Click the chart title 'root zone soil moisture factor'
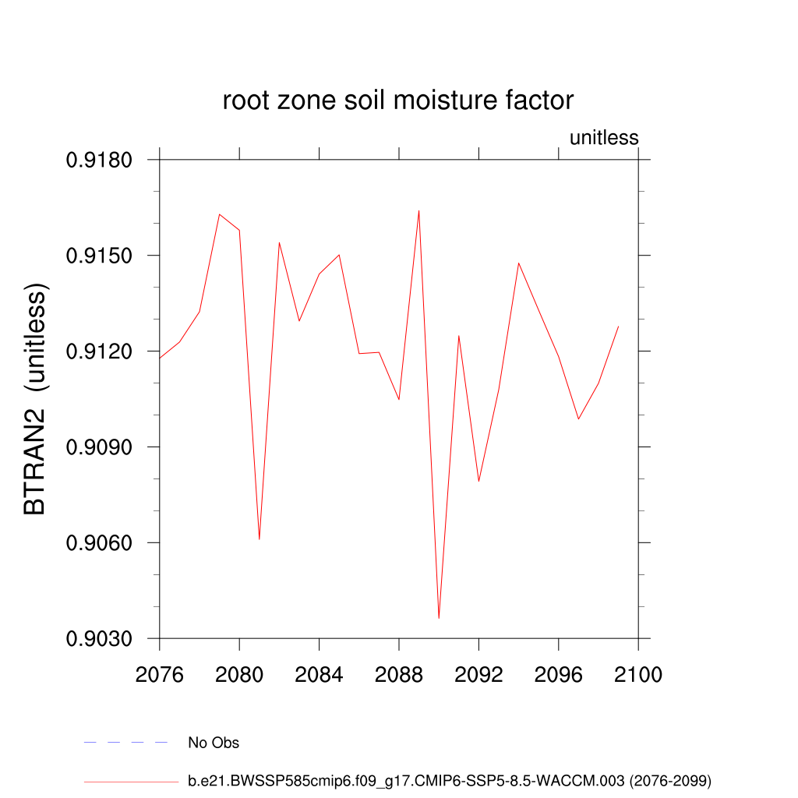[x=398, y=101]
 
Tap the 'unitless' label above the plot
[x=604, y=138]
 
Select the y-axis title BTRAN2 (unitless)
[x=36, y=399]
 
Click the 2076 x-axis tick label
[x=159, y=674]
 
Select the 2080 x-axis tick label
[x=239, y=674]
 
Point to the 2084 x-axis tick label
[x=319, y=674]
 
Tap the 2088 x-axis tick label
[x=399, y=674]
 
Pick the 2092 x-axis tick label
[x=478, y=674]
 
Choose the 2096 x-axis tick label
[x=559, y=674]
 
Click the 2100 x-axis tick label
[x=638, y=674]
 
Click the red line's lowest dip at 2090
[x=439, y=618]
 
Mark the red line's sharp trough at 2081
[x=259, y=538]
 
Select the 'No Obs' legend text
[x=214, y=743]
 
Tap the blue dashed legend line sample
[x=125, y=743]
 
